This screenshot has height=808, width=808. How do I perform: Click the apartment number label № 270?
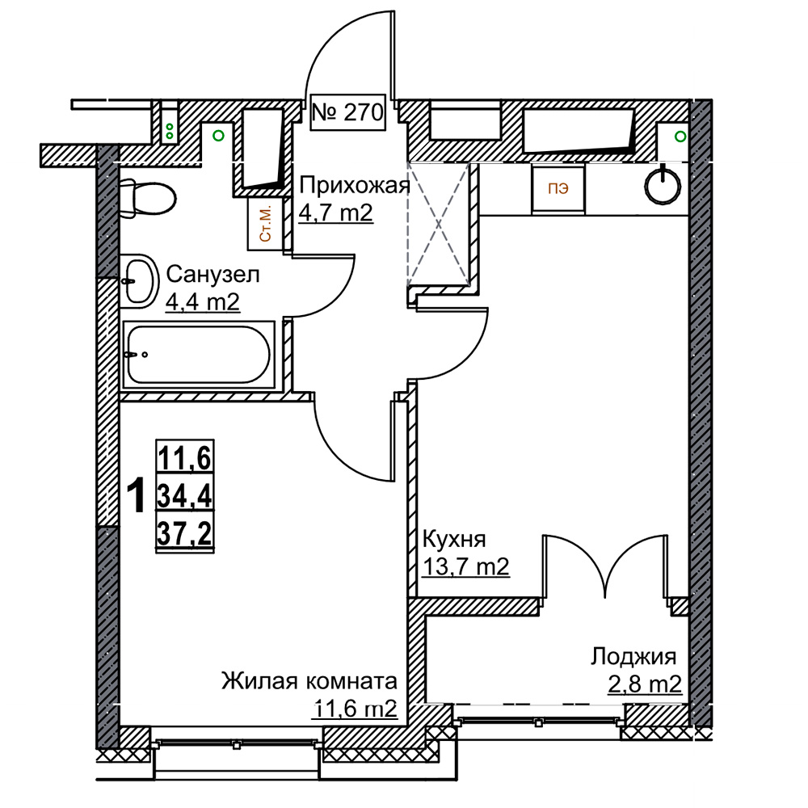(348, 112)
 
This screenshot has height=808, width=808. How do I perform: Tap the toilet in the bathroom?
(147, 198)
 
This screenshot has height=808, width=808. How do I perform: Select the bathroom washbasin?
(139, 281)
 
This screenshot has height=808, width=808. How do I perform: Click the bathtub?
(199, 354)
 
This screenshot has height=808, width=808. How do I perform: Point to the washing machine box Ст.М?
(265, 224)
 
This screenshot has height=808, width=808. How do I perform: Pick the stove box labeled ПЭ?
(558, 189)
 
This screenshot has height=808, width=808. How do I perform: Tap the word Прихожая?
(355, 185)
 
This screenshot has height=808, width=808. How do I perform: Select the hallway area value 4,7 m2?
(336, 213)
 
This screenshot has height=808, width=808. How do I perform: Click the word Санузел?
(213, 275)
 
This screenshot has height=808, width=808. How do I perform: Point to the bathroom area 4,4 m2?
(203, 302)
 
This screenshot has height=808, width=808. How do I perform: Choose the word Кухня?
(454, 540)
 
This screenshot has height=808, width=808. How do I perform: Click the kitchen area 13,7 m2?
(465, 566)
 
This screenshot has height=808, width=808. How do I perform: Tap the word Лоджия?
(633, 657)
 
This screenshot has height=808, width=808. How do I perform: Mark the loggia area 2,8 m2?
(645, 685)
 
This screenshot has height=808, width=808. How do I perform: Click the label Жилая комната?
(309, 681)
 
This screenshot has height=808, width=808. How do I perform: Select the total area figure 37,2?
(184, 534)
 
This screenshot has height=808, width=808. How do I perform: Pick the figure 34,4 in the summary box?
(184, 496)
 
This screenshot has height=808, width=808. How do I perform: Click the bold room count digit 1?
(136, 495)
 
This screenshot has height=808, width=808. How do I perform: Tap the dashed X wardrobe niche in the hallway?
(439, 224)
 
